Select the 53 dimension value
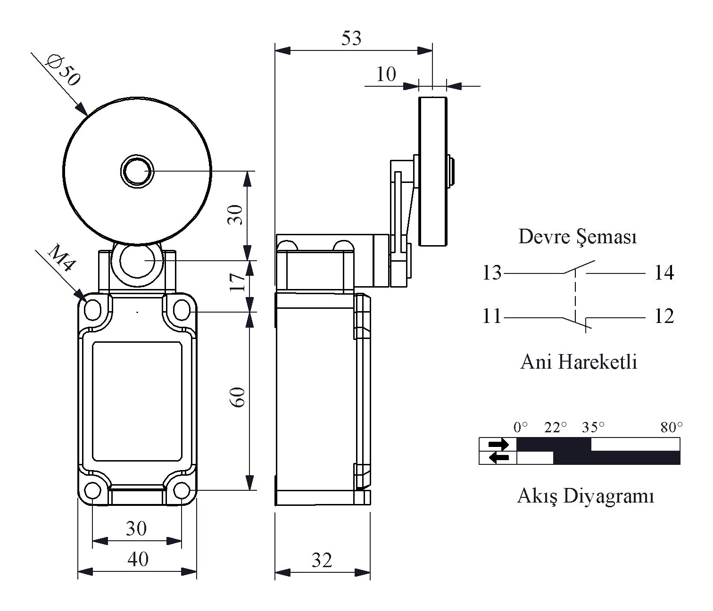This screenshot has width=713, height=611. click(351, 38)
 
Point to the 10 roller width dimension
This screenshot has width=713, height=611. click(386, 74)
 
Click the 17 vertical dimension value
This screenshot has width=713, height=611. click(237, 282)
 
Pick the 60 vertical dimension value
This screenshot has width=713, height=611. click(237, 397)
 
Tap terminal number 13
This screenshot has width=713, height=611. click(491, 273)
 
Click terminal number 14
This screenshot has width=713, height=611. click(664, 273)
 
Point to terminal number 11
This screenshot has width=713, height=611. click(491, 316)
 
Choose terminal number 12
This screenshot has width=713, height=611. click(664, 316)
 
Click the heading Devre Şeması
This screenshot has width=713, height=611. click(578, 237)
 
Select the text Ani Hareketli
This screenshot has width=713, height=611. click(579, 362)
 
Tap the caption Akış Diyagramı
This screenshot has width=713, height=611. click(585, 497)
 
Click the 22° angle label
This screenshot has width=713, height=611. click(555, 428)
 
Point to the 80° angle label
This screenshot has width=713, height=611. click(672, 428)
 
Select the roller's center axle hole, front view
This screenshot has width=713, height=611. click(137, 171)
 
